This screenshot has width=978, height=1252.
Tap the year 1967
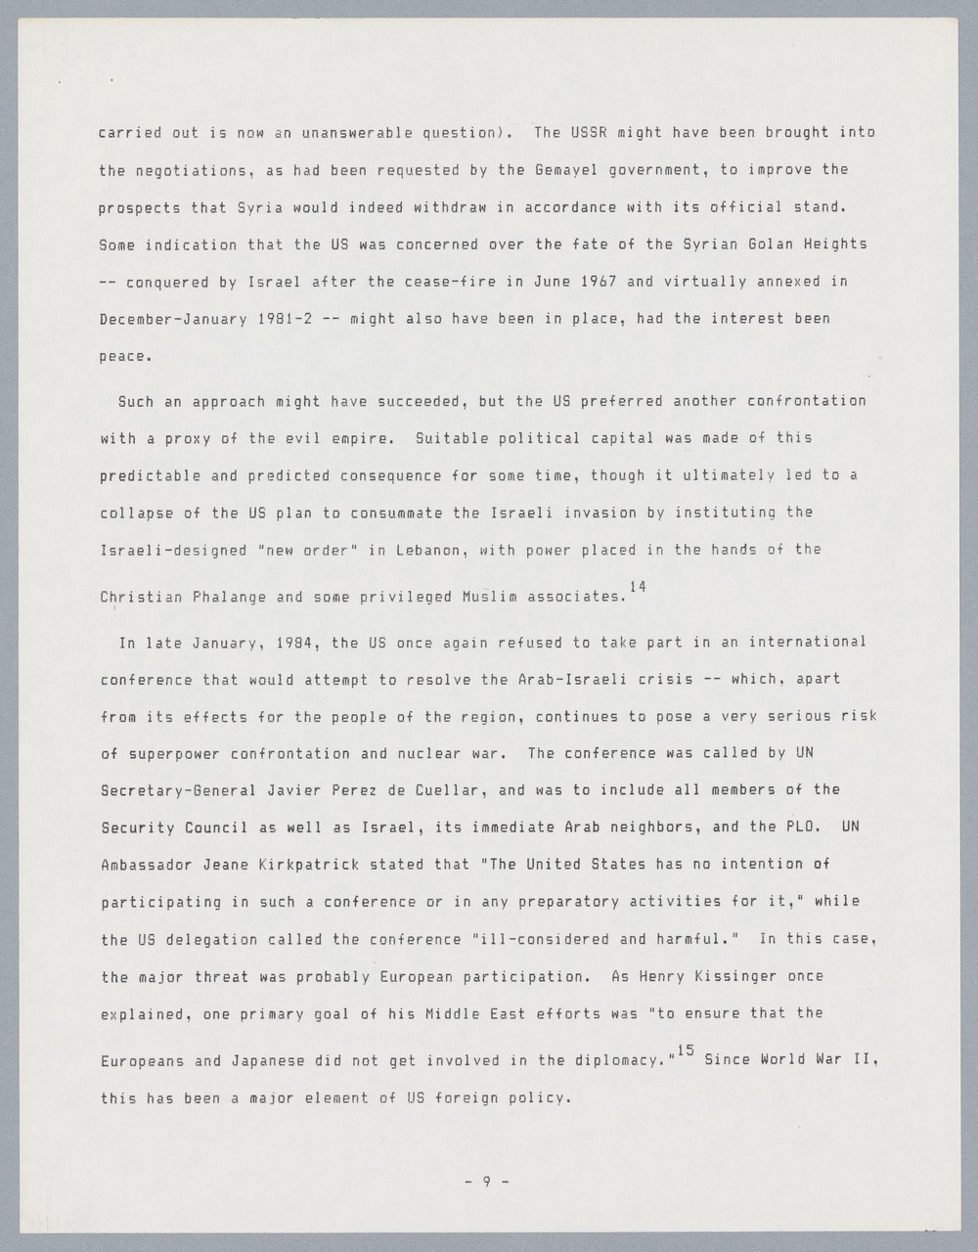(600, 281)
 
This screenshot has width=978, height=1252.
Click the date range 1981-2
(285, 318)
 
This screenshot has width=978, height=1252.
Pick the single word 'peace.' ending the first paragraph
(126, 356)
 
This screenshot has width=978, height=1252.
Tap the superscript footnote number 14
(638, 586)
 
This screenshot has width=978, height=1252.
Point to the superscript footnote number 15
(685, 1051)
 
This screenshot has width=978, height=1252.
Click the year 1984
(294, 643)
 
